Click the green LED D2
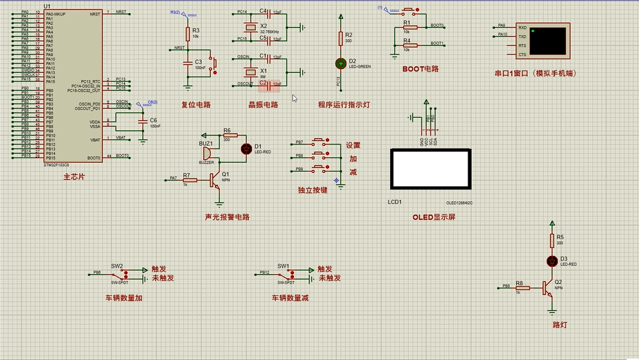(x=340, y=63)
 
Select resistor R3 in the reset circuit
(x=188, y=33)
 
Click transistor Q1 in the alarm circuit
(x=214, y=180)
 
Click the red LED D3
(x=551, y=261)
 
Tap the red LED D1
(x=246, y=148)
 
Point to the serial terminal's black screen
(x=548, y=40)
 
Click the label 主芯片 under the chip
(x=74, y=177)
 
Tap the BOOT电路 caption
(x=420, y=68)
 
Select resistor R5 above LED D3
(x=551, y=242)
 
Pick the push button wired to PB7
(x=320, y=141)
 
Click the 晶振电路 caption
(x=263, y=104)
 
